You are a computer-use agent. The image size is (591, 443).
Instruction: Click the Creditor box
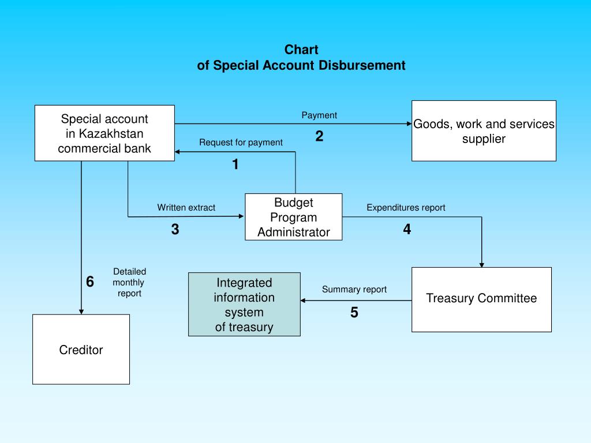click(81, 350)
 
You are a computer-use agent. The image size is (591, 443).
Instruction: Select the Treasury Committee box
click(481, 299)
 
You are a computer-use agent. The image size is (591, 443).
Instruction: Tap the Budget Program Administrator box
click(293, 217)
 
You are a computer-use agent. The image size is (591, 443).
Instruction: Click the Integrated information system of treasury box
click(244, 305)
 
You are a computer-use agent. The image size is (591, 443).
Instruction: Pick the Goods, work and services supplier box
click(484, 131)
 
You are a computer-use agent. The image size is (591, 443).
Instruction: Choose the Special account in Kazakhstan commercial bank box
click(104, 133)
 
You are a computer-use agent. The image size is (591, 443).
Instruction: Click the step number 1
click(235, 165)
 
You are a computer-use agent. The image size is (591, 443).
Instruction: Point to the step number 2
click(319, 137)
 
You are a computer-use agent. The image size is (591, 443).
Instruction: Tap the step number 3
click(175, 230)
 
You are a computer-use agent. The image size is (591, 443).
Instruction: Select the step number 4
click(407, 230)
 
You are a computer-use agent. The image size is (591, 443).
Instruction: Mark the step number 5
click(354, 313)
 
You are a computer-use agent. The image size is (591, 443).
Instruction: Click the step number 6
click(90, 282)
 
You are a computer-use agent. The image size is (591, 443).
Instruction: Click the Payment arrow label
click(319, 115)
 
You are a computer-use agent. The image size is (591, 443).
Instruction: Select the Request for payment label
click(241, 142)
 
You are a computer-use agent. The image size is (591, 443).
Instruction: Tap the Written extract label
click(186, 208)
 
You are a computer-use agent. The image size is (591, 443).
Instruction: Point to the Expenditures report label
click(406, 208)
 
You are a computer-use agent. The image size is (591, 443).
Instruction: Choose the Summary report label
click(354, 290)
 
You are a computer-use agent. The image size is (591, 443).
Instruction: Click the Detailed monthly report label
click(129, 282)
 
